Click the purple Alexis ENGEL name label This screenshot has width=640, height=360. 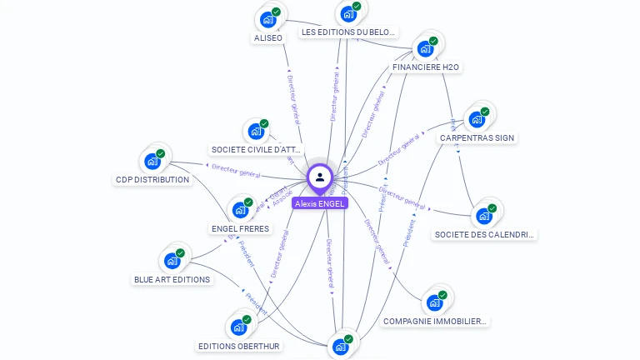pos(319,203)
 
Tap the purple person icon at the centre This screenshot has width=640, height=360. pos(319,177)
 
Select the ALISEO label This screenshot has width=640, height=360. pos(267,37)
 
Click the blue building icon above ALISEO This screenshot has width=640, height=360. pos(267,19)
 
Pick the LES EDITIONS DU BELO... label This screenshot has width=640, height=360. pos(348,32)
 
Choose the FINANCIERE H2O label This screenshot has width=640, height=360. pos(425,67)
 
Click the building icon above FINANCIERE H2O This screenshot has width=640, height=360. pos(425,48)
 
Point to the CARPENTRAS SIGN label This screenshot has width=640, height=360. pos(476,137)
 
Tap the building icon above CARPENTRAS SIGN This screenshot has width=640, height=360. pos(477,118)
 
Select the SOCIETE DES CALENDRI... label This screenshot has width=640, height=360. pos(484,234)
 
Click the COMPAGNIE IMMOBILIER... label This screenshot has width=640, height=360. pos(434,321)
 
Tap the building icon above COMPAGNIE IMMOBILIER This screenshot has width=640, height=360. pos(433,302)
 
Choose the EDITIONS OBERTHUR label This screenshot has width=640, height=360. pos(239,346)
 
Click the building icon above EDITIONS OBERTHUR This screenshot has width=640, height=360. pos(238,327)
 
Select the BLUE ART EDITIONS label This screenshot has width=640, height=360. pos(172,279)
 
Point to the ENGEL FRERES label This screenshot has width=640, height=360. pos(240,228)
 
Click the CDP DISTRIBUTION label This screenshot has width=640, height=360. pos(152,179)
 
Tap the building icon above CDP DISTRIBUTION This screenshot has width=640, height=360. pos(152,161)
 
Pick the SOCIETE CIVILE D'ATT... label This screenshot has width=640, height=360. pos(256,150)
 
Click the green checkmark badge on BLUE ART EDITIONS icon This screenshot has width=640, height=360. pos(180,253)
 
